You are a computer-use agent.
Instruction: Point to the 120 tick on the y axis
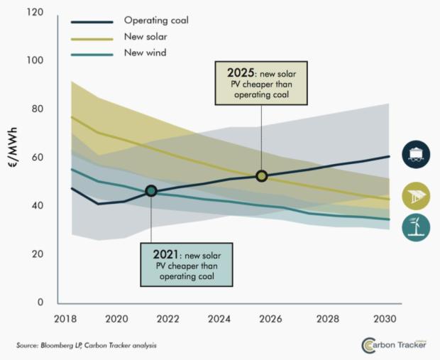(34, 13)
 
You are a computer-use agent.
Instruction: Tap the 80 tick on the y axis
(37, 109)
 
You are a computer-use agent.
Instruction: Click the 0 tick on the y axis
(40, 302)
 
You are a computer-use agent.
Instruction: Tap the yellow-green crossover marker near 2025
(261, 175)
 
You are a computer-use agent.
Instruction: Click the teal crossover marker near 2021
(150, 190)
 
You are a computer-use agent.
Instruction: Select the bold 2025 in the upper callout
(238, 73)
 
